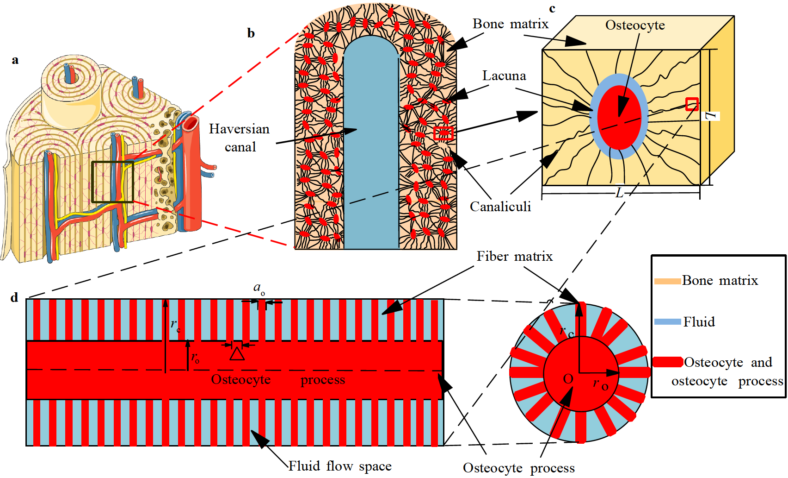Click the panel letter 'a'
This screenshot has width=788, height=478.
(15, 60)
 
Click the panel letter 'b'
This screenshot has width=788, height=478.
(251, 33)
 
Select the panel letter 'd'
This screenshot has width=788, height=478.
(14, 297)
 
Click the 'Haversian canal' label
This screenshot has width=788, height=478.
(239, 138)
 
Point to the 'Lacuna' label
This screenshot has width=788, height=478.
(504, 75)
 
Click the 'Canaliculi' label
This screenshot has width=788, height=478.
(500, 207)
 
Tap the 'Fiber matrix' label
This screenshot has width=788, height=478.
(515, 256)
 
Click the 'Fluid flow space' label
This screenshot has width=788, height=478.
(340, 466)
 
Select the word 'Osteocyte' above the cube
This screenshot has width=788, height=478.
(635, 25)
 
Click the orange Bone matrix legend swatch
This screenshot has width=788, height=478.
(667, 281)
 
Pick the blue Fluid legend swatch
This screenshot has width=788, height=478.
(667, 321)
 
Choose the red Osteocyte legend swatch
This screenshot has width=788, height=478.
(667, 362)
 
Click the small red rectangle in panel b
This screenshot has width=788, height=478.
(443, 133)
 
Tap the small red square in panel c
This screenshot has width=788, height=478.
(692, 104)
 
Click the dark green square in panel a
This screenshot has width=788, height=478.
(112, 182)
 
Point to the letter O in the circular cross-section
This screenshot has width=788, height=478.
(568, 379)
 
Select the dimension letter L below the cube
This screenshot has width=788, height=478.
(620, 192)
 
